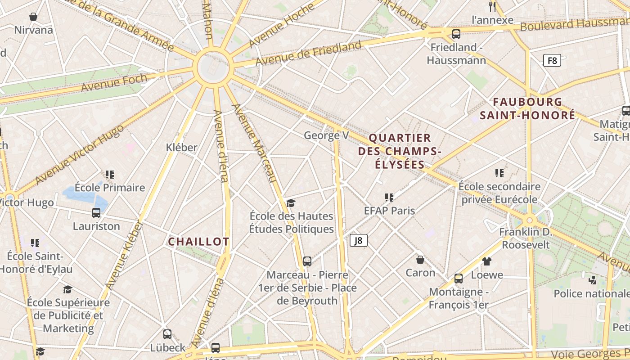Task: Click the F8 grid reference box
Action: (x=552, y=60)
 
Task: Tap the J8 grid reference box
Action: (x=359, y=240)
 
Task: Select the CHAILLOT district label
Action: (x=198, y=242)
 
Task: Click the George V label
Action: (x=327, y=135)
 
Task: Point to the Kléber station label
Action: (x=181, y=147)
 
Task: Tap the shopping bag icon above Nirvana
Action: (x=33, y=17)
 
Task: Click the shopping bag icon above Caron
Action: (x=420, y=260)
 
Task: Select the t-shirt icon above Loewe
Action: (x=486, y=261)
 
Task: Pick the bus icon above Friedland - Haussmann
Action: (x=456, y=34)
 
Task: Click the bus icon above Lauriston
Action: (x=96, y=213)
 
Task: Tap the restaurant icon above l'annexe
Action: (x=492, y=6)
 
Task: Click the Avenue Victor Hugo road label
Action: (x=79, y=154)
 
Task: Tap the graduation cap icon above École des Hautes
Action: (x=291, y=203)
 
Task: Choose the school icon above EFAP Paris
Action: (x=389, y=197)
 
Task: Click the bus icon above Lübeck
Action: (x=167, y=334)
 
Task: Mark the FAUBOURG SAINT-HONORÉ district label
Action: (x=527, y=108)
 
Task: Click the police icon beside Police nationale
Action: (x=592, y=280)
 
